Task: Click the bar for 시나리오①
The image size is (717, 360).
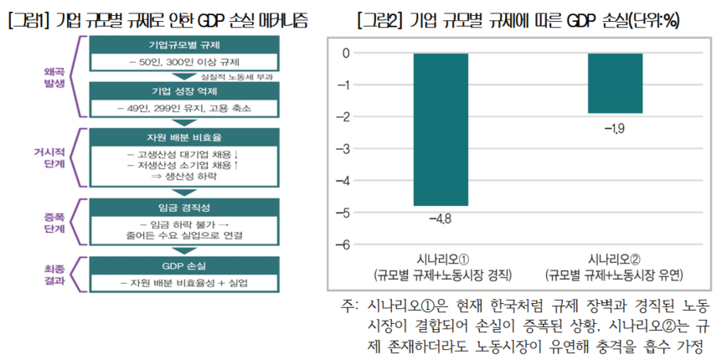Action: pos(441,129)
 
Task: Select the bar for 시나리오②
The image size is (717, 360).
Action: pos(615,83)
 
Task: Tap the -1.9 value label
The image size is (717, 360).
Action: pos(615,127)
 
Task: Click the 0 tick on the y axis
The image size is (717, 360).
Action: pos(346,54)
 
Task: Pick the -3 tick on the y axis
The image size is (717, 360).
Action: pos(343,149)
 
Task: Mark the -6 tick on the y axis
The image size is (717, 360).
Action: pos(343,244)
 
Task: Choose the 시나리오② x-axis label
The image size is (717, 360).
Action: pos(615,260)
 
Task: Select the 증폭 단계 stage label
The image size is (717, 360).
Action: pos(54,221)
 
